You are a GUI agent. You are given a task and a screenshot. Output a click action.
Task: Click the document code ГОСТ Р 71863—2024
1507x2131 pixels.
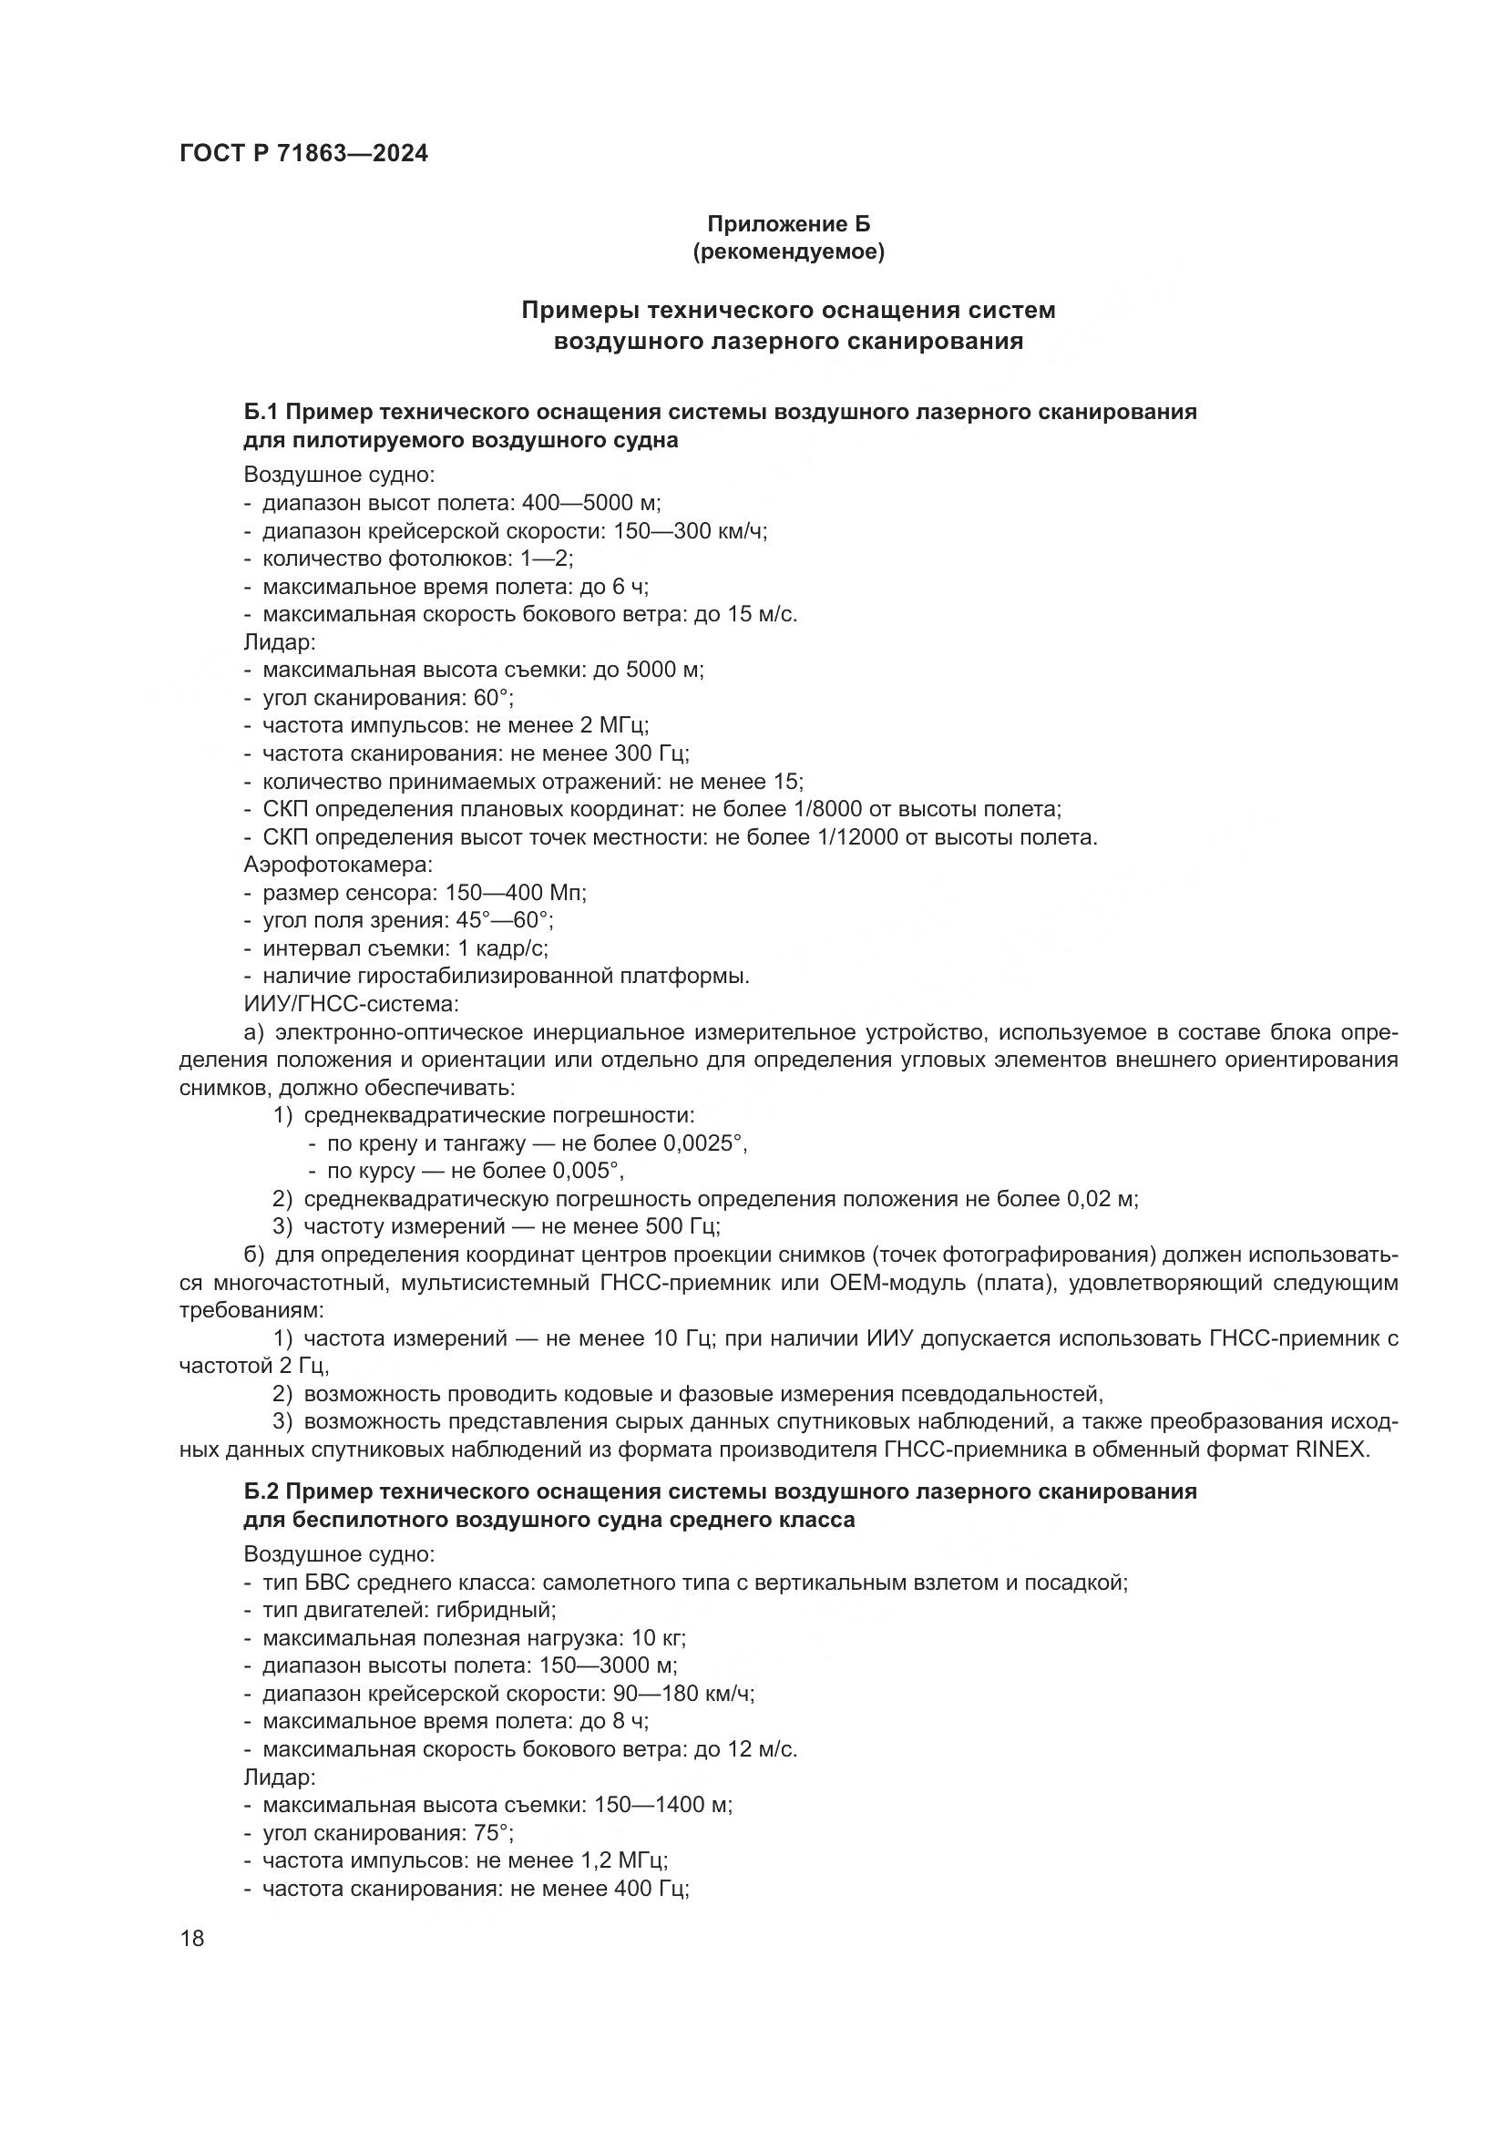click(x=303, y=153)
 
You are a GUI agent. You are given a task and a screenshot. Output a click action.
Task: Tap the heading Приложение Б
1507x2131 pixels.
click(x=789, y=224)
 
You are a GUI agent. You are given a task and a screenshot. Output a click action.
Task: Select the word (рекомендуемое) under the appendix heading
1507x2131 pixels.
click(x=789, y=251)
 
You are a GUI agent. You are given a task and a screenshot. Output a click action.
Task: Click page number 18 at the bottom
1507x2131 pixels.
click(x=192, y=1938)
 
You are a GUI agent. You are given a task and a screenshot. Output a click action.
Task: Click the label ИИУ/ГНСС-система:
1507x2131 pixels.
click(x=351, y=1004)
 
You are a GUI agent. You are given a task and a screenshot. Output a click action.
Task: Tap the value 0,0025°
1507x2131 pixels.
click(x=704, y=1143)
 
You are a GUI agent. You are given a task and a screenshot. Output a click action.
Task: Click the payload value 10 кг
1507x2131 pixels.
click(x=658, y=1638)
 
